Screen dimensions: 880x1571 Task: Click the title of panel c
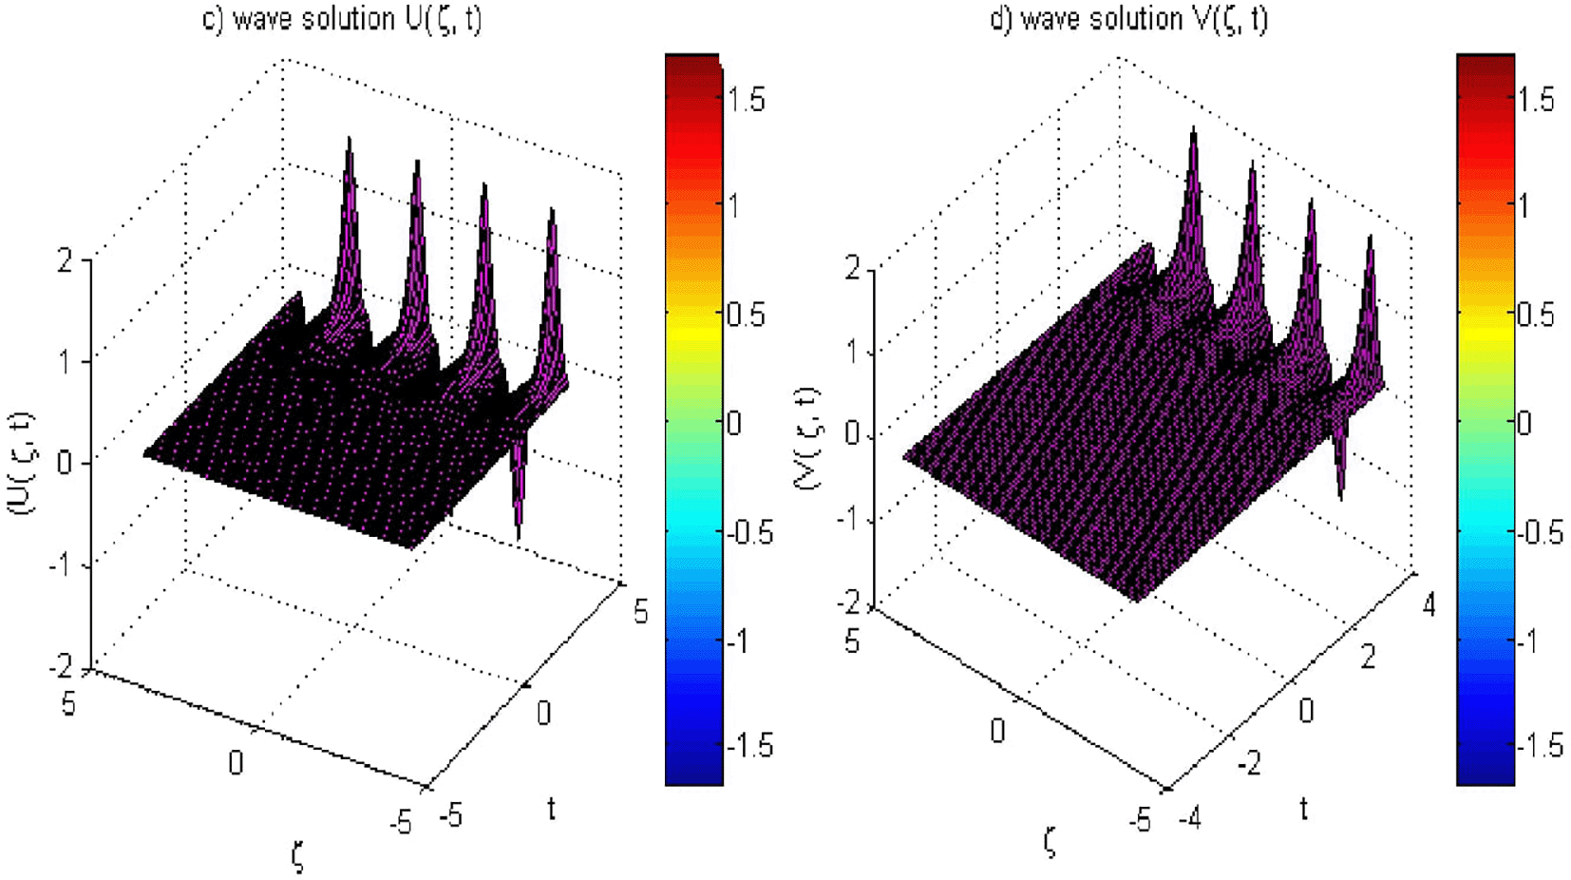click(342, 19)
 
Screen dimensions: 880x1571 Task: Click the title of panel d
click(1127, 19)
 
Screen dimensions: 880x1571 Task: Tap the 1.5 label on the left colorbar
click(747, 99)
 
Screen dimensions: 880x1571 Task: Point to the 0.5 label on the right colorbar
click(1535, 315)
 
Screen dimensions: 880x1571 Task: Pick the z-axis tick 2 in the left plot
click(65, 259)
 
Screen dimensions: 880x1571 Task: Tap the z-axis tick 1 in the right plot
click(854, 352)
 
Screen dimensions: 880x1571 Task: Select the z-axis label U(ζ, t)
click(21, 463)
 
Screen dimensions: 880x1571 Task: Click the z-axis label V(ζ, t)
click(807, 437)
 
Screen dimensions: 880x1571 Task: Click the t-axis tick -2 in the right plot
click(1249, 762)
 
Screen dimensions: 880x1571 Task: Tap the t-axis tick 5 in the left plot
click(641, 611)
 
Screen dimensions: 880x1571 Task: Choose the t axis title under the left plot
click(551, 809)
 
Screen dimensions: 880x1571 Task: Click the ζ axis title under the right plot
click(1049, 840)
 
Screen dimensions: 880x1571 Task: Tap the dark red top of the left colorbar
click(693, 63)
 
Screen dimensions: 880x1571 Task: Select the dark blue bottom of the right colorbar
click(1486, 775)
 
